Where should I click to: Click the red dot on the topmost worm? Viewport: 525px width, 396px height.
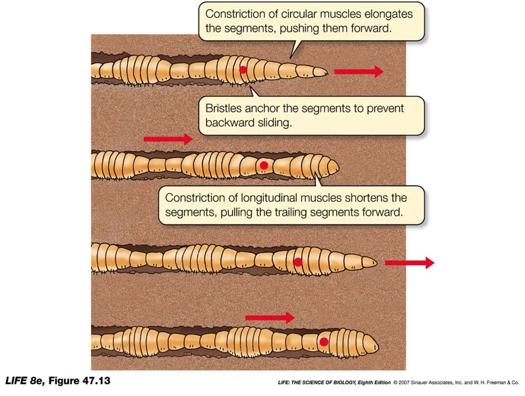coord(243,69)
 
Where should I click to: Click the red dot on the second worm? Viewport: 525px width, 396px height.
coord(264,165)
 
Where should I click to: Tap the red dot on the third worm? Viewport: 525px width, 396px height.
coord(298,262)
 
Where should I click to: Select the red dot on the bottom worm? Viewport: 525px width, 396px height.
coord(324,341)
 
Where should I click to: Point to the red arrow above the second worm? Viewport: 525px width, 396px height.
coord(168,139)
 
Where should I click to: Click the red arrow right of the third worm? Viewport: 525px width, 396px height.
coord(409,263)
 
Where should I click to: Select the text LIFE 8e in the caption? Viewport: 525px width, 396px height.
coord(24,381)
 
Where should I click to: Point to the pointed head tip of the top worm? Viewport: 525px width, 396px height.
coord(325,71)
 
